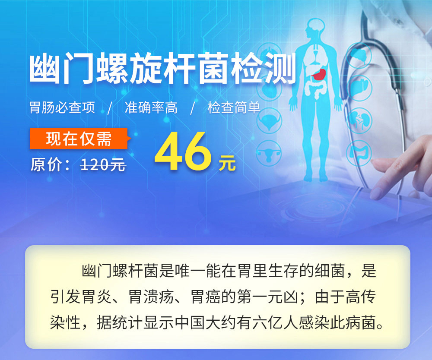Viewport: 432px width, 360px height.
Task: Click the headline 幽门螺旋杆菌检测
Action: coord(162,68)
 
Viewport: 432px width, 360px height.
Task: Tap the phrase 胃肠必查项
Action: coord(62,107)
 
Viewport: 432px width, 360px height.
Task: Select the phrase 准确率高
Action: coord(151,107)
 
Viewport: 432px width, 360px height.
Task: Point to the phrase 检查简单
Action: coord(234,107)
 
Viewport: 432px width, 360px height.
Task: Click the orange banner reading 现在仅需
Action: coord(79,139)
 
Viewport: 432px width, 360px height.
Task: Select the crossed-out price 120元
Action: coord(103,165)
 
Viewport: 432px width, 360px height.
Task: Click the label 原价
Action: coord(47,165)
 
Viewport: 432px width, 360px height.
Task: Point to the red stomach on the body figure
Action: coord(319,74)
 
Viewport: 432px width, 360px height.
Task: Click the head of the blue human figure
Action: coord(315,28)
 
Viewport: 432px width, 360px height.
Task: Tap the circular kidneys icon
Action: coord(359,120)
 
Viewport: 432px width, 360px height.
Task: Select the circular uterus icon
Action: coord(269,153)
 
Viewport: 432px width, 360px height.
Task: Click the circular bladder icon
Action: coord(270,121)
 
